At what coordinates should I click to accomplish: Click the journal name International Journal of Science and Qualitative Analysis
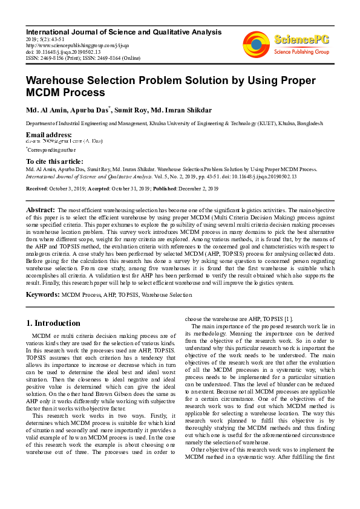coord(123,31)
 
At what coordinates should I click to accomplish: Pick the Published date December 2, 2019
coord(193,189)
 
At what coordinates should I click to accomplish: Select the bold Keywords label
coord(42,294)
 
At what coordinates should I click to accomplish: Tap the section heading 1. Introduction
coord(54,323)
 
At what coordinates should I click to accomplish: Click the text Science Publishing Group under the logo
coord(300,53)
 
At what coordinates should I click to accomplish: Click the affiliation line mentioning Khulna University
coord(174,123)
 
